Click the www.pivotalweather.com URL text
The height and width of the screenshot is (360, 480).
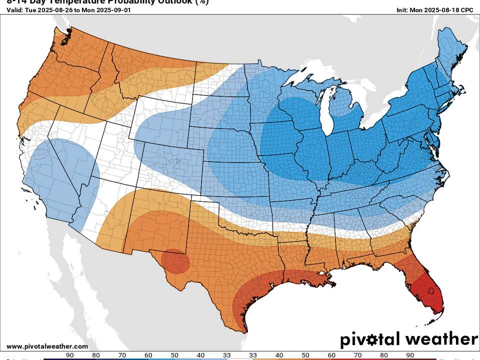pos(47,346)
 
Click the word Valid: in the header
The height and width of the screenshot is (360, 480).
pos(15,10)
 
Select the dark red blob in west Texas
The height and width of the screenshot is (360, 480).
pos(175,261)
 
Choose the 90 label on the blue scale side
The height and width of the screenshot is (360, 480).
pos(70,355)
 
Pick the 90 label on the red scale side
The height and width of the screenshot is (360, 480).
pos(409,355)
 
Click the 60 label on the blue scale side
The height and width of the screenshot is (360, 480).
pos(148,355)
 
